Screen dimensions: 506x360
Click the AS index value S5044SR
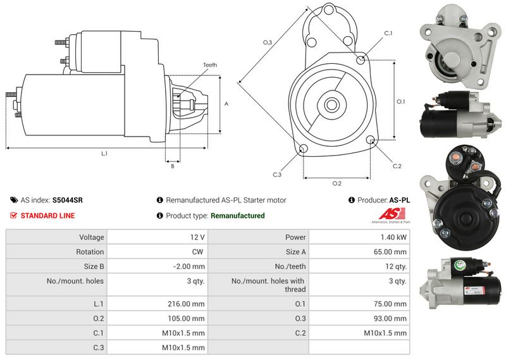point(68,200)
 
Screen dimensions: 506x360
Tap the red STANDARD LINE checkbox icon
point(13,215)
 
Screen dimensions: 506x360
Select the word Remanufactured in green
point(238,216)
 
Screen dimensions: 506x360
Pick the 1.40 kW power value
point(393,237)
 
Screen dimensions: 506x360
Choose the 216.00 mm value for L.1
point(186,304)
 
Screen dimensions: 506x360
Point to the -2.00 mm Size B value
point(188,267)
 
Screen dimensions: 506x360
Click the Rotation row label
point(90,252)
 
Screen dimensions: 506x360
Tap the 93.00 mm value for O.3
point(390,319)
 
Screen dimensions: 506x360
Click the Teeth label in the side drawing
point(210,65)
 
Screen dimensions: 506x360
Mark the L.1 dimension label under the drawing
point(104,154)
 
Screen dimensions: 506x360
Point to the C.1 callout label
point(388,34)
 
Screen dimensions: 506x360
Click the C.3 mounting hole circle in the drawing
point(303,149)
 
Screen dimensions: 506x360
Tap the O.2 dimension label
point(337,183)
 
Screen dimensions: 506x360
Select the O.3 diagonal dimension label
point(268,42)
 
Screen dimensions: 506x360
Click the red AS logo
point(392,214)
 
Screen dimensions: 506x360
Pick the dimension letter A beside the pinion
point(226,104)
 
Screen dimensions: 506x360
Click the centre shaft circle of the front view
point(331,104)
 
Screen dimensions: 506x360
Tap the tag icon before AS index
point(14,200)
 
